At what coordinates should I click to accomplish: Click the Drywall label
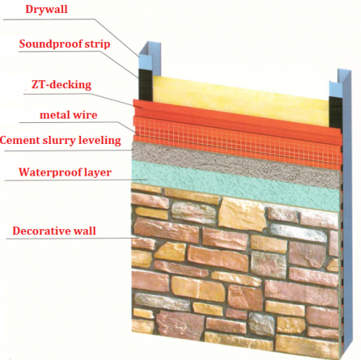click(46, 9)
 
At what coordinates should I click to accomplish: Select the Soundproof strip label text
click(64, 44)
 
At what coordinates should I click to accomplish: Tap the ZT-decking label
click(61, 85)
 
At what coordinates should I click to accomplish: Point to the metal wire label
click(69, 115)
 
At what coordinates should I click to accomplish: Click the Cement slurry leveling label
click(60, 140)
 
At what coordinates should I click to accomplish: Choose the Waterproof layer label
click(65, 173)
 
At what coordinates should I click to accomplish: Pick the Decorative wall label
click(54, 231)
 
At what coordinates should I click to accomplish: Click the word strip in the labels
click(97, 44)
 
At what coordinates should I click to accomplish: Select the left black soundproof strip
click(145, 85)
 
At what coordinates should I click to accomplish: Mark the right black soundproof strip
click(336, 112)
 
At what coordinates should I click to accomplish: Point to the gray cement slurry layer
click(237, 164)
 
